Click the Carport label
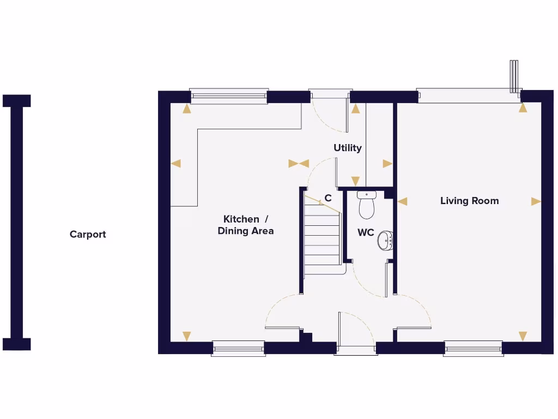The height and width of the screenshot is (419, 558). (x=88, y=235)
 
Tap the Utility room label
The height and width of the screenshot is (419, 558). (x=348, y=148)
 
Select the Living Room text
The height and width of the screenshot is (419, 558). (x=469, y=201)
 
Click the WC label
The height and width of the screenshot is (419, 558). (x=366, y=233)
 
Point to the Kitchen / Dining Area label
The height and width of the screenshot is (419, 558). (x=246, y=225)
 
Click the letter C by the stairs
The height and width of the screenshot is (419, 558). (x=328, y=199)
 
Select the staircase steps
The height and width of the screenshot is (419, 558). (x=322, y=237)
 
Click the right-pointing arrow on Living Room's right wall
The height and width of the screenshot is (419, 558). (x=536, y=201)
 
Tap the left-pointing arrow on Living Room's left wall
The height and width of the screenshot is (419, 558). (x=403, y=201)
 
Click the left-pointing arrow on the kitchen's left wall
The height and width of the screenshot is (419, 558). (x=175, y=163)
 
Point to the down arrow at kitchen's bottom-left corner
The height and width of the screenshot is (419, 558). (x=187, y=336)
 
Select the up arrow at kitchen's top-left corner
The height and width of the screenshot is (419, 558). (x=187, y=109)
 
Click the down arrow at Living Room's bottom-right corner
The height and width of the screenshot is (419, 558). (x=523, y=336)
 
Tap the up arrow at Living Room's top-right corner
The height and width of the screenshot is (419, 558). (x=523, y=108)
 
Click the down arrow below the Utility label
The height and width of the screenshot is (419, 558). (x=355, y=181)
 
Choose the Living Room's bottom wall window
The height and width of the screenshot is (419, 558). (x=473, y=348)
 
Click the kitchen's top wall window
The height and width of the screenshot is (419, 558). (x=229, y=96)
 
